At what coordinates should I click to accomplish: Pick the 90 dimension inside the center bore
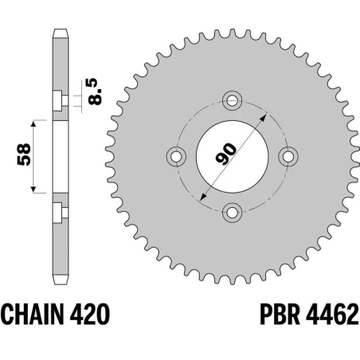coord(225,151)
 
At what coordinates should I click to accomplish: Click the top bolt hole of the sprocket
coord(233,101)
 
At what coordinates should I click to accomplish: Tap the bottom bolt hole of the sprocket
coord(233,211)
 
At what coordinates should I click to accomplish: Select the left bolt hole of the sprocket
coord(178,156)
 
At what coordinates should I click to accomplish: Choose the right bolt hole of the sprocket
coord(288,156)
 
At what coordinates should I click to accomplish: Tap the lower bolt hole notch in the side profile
coord(57,212)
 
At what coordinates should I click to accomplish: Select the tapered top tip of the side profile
coord(60,33)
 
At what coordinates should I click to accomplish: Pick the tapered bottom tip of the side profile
coord(60,280)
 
